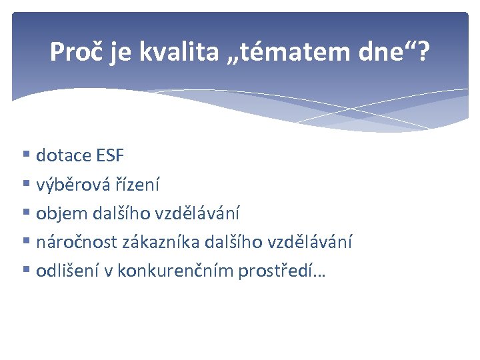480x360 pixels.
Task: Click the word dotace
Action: coord(64,156)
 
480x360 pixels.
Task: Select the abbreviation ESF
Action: coord(109,156)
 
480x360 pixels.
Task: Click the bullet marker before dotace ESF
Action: coord(26,156)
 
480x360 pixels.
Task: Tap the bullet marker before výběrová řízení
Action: coord(26,185)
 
